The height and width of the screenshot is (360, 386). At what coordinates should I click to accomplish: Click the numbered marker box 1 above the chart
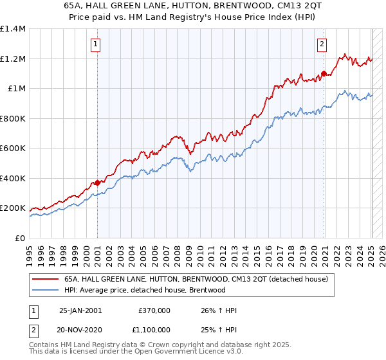(95, 44)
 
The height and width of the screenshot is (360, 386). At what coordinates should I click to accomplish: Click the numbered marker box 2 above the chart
(321, 44)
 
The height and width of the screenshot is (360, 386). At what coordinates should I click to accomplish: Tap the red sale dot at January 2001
(97, 183)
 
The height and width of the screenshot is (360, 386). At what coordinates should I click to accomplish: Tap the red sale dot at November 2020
(324, 73)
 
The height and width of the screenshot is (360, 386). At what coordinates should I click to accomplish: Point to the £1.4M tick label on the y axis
(13, 29)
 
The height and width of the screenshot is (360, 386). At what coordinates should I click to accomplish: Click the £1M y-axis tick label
(16, 89)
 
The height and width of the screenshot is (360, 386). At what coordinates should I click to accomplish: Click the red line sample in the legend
(46, 279)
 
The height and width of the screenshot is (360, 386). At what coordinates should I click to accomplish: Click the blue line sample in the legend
(46, 290)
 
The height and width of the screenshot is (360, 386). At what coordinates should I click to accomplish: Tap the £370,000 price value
(154, 310)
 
